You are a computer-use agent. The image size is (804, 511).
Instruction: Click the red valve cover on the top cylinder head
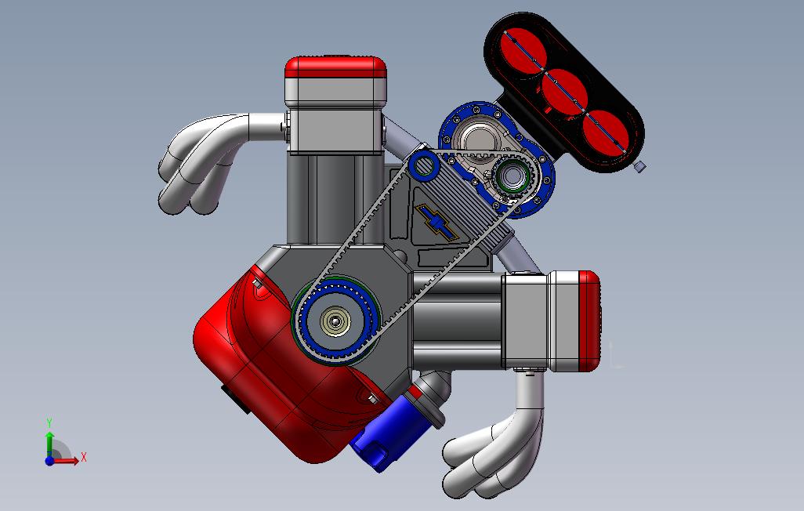coord(336,67)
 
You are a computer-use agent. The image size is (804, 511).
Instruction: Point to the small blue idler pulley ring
coord(425,165)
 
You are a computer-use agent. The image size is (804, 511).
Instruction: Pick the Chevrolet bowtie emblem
coord(437,223)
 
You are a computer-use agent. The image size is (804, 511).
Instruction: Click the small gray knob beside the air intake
coord(639,166)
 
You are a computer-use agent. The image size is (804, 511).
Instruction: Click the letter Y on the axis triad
coord(49,423)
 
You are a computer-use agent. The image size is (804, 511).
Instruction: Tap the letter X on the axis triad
coord(84,457)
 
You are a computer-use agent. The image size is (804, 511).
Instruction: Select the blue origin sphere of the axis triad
coord(49,461)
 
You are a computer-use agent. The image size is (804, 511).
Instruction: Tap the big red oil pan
coord(266,368)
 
